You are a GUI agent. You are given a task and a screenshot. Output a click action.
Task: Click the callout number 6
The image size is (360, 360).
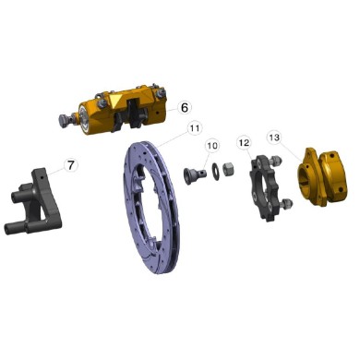(x=183, y=107)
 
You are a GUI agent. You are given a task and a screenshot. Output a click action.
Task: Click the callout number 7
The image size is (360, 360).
(x=70, y=165)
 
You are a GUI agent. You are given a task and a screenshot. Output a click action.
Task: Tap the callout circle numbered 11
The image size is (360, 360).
(x=194, y=128)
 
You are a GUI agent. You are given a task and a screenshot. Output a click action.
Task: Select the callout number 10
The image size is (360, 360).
(x=212, y=146)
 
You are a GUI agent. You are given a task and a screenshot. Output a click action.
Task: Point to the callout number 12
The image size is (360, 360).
(x=245, y=143)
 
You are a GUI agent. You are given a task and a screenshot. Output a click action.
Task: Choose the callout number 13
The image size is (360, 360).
(x=274, y=137)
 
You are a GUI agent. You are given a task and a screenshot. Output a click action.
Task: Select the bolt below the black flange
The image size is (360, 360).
(x=287, y=203)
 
